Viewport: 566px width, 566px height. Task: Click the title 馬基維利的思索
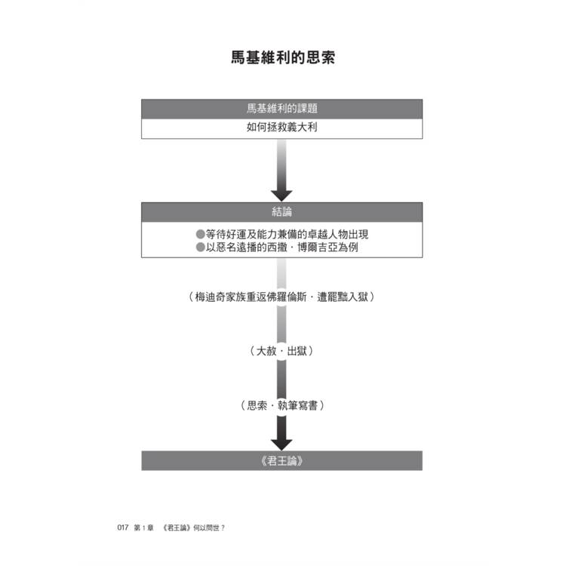pos(283,58)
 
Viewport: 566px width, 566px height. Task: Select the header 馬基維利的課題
pos(282,109)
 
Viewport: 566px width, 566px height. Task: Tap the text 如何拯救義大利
pos(282,127)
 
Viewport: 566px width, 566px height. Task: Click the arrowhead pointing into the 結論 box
pos(281,195)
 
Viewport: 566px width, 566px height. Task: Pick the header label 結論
pos(282,212)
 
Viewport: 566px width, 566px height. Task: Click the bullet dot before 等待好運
pos(200,234)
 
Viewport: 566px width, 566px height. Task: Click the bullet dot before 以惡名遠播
pos(200,248)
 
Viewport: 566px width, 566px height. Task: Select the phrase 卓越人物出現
pos(338,234)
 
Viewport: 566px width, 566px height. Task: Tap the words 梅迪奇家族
pos(220,297)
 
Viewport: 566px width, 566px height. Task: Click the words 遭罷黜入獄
pos(342,297)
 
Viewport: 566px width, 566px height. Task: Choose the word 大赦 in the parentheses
pos(266,351)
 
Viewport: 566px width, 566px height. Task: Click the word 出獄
pos(297,351)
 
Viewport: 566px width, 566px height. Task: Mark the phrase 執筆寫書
pos(297,405)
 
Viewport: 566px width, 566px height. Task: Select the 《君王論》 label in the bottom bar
pos(282,461)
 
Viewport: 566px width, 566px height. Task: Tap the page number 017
pos(123,528)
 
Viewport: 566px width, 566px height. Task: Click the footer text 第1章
pos(143,528)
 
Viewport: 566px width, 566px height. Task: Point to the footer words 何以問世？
pos(209,528)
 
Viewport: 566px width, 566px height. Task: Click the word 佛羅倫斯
pos(287,297)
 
